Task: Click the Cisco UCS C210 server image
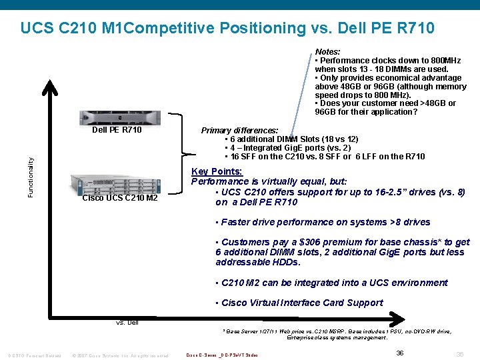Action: [116, 183]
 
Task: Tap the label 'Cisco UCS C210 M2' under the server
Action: [119, 198]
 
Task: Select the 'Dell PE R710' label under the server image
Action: [117, 130]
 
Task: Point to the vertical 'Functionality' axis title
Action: [30, 176]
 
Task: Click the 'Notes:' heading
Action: [327, 52]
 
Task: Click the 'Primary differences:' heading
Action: [240, 131]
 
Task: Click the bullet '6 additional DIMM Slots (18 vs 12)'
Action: [293, 139]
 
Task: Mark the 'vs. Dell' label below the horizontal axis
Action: [127, 323]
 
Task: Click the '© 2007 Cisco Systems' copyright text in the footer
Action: [120, 355]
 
